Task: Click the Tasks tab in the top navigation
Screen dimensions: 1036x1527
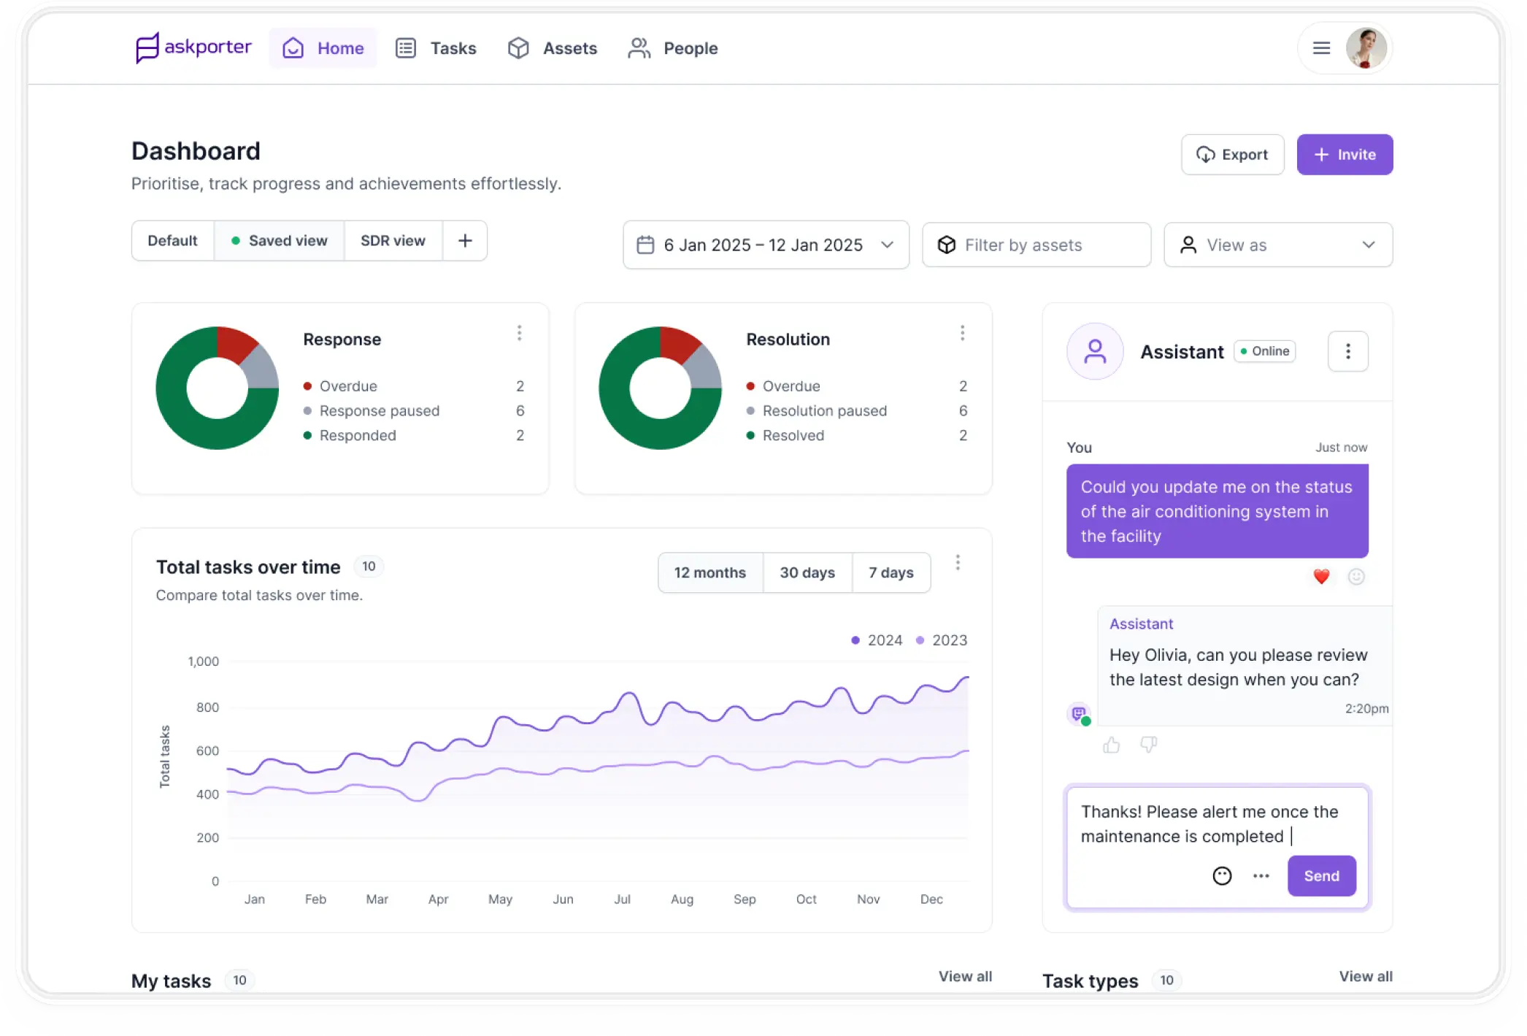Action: point(436,48)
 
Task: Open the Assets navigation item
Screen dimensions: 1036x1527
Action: point(553,48)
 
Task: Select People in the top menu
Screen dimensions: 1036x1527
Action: point(673,48)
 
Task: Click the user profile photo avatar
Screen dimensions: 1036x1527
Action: point(1366,48)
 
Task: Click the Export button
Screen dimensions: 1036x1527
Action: point(1232,155)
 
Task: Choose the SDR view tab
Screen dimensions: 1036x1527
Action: point(393,241)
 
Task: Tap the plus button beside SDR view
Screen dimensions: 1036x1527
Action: point(465,241)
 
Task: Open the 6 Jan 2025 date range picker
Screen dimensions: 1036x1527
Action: point(765,245)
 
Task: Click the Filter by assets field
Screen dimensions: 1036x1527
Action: point(1036,245)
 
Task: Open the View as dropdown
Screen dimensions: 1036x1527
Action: point(1277,245)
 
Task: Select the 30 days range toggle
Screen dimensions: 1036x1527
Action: point(807,573)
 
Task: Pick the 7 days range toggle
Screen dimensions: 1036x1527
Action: point(891,573)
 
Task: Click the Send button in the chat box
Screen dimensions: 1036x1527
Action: point(1321,876)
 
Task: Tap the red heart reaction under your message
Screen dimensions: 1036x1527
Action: point(1321,577)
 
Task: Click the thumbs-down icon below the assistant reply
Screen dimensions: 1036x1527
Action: point(1148,745)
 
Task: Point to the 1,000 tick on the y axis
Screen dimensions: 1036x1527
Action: point(203,661)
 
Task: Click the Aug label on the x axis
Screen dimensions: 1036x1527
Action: point(682,899)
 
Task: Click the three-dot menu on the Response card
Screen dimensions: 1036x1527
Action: point(519,333)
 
